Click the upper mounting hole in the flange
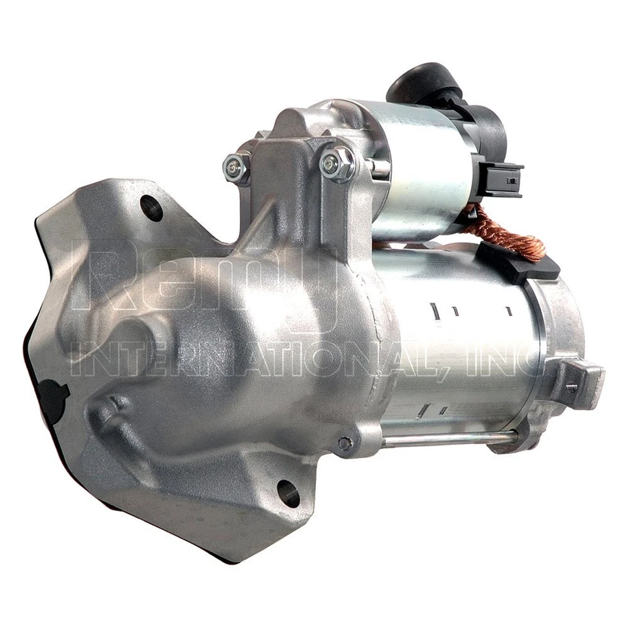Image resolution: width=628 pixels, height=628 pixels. pos(152,208)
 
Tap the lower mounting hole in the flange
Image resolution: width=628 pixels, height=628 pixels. pos(288,493)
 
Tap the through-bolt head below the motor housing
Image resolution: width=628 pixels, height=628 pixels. pos(345,445)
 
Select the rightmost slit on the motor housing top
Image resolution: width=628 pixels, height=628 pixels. pos(508,311)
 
